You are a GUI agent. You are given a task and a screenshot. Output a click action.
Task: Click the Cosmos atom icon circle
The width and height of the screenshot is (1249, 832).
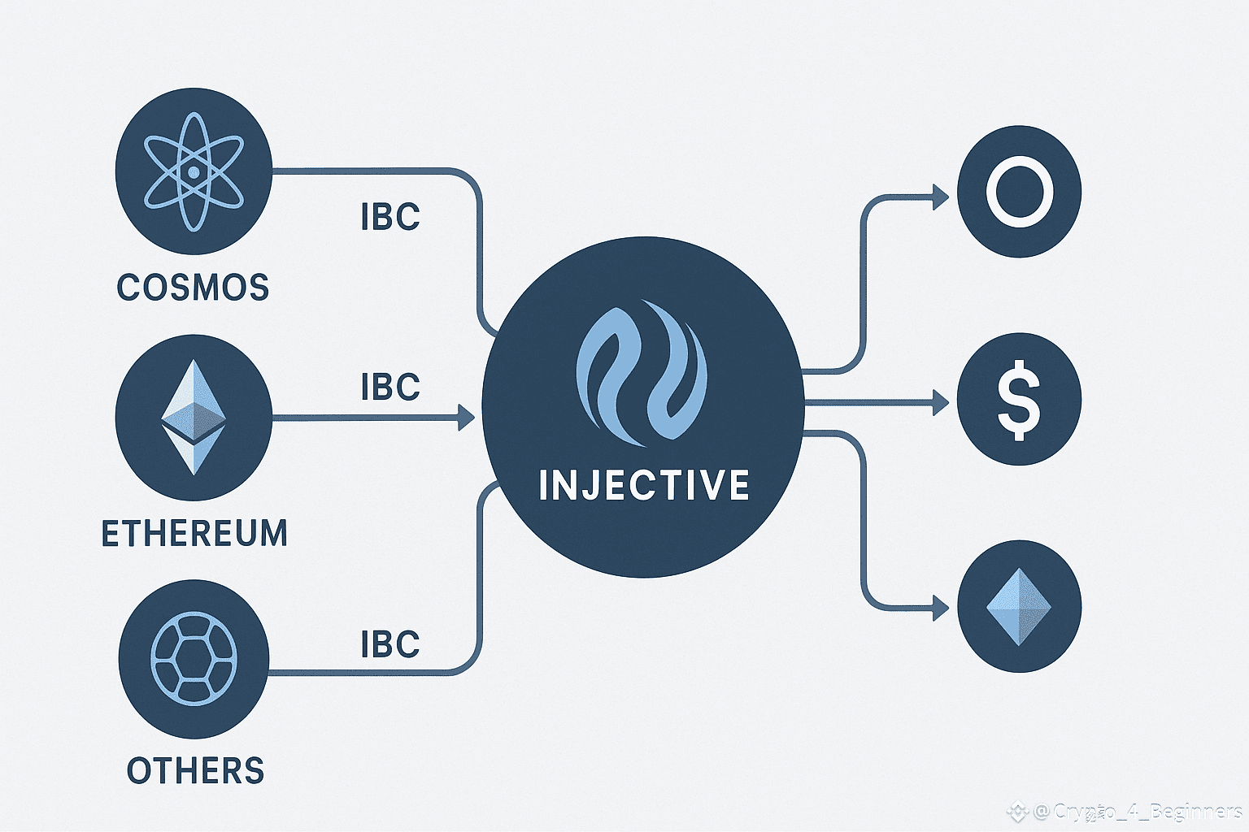[194, 171]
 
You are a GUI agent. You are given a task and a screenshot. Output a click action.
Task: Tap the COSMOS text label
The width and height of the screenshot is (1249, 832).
[193, 288]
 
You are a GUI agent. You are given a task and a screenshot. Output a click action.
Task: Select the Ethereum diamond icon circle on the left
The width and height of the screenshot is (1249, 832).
[194, 418]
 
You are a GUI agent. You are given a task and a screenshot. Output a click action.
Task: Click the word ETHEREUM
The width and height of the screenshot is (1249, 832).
[194, 534]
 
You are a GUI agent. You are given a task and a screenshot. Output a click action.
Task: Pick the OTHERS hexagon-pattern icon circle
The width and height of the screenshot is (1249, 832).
[194, 658]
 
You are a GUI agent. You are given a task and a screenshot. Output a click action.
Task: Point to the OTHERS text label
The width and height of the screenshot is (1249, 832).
[196, 770]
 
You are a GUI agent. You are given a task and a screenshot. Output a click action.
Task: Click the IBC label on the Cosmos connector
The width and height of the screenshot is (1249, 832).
[390, 217]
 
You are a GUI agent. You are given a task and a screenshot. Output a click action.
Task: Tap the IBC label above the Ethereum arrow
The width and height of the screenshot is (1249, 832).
[390, 387]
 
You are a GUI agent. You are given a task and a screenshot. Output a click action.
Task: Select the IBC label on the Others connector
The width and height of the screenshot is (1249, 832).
[390, 644]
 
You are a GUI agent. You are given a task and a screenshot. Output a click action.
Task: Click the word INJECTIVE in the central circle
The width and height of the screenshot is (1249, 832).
[643, 485]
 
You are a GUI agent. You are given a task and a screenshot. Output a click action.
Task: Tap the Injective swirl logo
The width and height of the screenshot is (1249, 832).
[642, 372]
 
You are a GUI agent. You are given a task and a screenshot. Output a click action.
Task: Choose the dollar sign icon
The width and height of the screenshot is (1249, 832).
[1019, 400]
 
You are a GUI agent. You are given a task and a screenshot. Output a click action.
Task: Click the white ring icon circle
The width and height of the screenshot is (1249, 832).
[1020, 193]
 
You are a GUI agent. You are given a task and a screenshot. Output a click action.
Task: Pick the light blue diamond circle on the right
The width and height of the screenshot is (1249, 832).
[1019, 607]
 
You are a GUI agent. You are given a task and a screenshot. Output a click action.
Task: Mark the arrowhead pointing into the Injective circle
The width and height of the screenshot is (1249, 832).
[466, 418]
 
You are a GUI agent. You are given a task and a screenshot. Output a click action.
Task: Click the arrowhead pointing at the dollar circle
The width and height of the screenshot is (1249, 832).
[940, 401]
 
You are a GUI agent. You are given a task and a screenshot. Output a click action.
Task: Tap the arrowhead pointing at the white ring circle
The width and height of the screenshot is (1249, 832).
[940, 197]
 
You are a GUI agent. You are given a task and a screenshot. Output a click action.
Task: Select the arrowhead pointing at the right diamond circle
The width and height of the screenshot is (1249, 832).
[940, 608]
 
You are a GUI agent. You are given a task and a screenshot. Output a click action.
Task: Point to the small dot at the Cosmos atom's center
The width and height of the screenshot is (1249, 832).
[194, 172]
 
